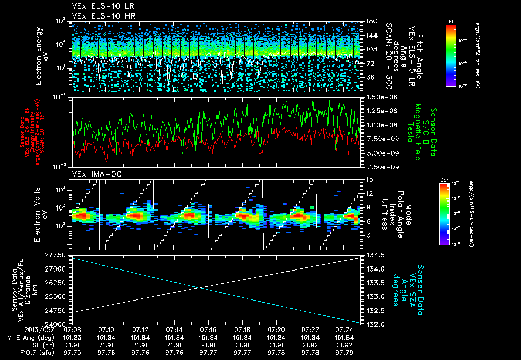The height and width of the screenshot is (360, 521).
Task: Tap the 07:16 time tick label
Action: pos(208,330)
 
